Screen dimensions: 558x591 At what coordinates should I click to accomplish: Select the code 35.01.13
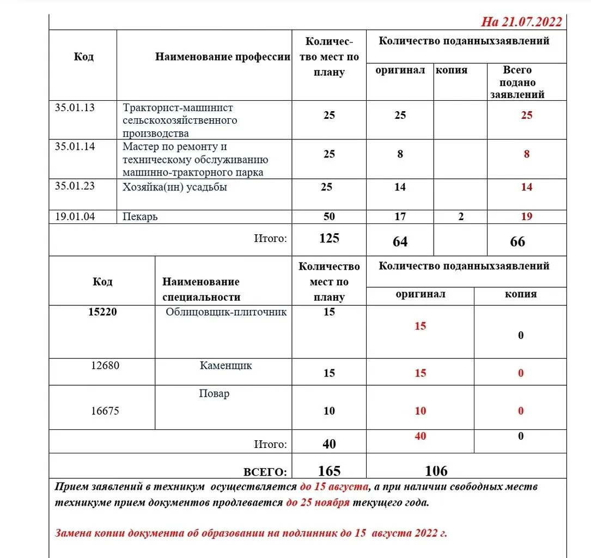(x=75, y=107)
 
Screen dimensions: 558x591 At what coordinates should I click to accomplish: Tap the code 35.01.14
(x=75, y=147)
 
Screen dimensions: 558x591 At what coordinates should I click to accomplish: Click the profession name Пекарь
(x=140, y=217)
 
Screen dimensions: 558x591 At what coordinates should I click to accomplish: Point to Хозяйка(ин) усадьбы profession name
(x=175, y=187)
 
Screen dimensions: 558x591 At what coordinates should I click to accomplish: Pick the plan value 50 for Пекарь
(x=329, y=216)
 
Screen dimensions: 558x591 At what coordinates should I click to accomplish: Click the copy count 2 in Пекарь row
(x=461, y=216)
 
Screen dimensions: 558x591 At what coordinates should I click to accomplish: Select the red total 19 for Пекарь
(x=526, y=216)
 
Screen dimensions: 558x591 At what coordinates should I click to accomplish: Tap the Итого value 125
(x=329, y=238)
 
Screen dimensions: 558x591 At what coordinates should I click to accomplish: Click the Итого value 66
(x=517, y=241)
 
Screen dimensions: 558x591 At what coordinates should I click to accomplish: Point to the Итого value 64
(x=400, y=241)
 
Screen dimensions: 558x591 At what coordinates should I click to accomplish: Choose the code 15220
(x=102, y=312)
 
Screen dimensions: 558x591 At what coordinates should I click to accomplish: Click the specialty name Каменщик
(x=226, y=366)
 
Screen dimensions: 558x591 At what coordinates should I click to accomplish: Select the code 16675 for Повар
(x=105, y=411)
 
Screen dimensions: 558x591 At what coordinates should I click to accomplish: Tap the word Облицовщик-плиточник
(x=226, y=312)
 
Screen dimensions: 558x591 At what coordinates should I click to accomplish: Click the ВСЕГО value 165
(x=329, y=471)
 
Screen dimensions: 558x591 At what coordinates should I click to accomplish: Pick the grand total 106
(x=436, y=471)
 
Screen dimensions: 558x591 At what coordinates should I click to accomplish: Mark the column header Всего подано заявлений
(x=517, y=82)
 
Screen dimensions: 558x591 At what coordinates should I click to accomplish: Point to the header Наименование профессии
(x=222, y=57)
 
